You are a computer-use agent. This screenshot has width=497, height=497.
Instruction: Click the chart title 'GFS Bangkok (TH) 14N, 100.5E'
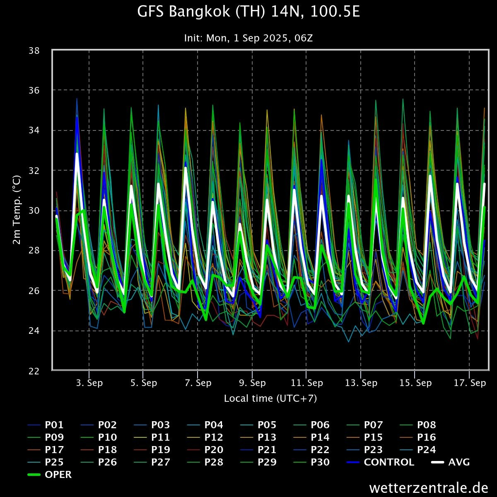pos(248,12)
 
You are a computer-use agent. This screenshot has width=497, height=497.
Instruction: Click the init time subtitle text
pos(248,38)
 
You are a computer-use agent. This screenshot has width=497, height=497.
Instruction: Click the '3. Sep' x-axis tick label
pos(89,383)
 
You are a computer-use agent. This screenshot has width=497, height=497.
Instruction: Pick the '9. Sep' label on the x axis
pos(252,383)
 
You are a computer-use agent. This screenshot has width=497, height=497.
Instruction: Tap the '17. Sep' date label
pos(469,383)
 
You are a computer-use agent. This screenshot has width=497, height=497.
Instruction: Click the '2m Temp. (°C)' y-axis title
pos(17,210)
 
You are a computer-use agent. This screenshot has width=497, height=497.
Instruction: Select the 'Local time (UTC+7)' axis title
pos(270,398)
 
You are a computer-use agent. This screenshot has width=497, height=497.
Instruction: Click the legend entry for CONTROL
pos(388,462)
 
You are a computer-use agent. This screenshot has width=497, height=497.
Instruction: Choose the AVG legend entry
pos(459,462)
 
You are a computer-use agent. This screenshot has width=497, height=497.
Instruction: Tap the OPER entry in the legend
pos(58,475)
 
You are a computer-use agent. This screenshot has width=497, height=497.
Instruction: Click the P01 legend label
pos(54,425)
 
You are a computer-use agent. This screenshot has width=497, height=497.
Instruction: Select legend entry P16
pos(426,437)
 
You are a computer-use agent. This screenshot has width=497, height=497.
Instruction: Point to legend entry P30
pos(320,462)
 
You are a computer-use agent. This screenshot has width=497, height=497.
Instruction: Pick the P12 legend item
pos(214,437)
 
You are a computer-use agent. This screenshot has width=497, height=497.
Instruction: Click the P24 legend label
pos(426,450)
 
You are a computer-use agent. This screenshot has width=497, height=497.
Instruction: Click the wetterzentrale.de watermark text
pos(429,487)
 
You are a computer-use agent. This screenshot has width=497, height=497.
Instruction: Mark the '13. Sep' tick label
pos(361,383)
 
